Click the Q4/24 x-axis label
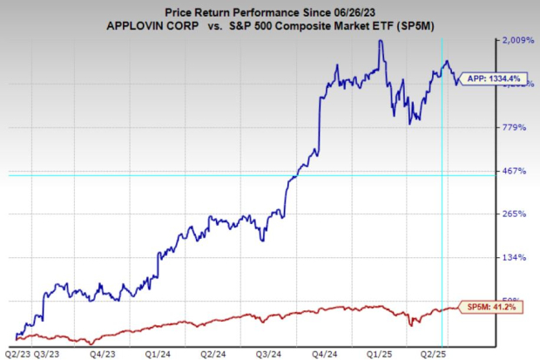pos(325,354)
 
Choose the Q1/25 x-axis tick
pos(379,354)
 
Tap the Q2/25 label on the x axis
pos(434,354)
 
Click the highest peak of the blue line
pos(380,41)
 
